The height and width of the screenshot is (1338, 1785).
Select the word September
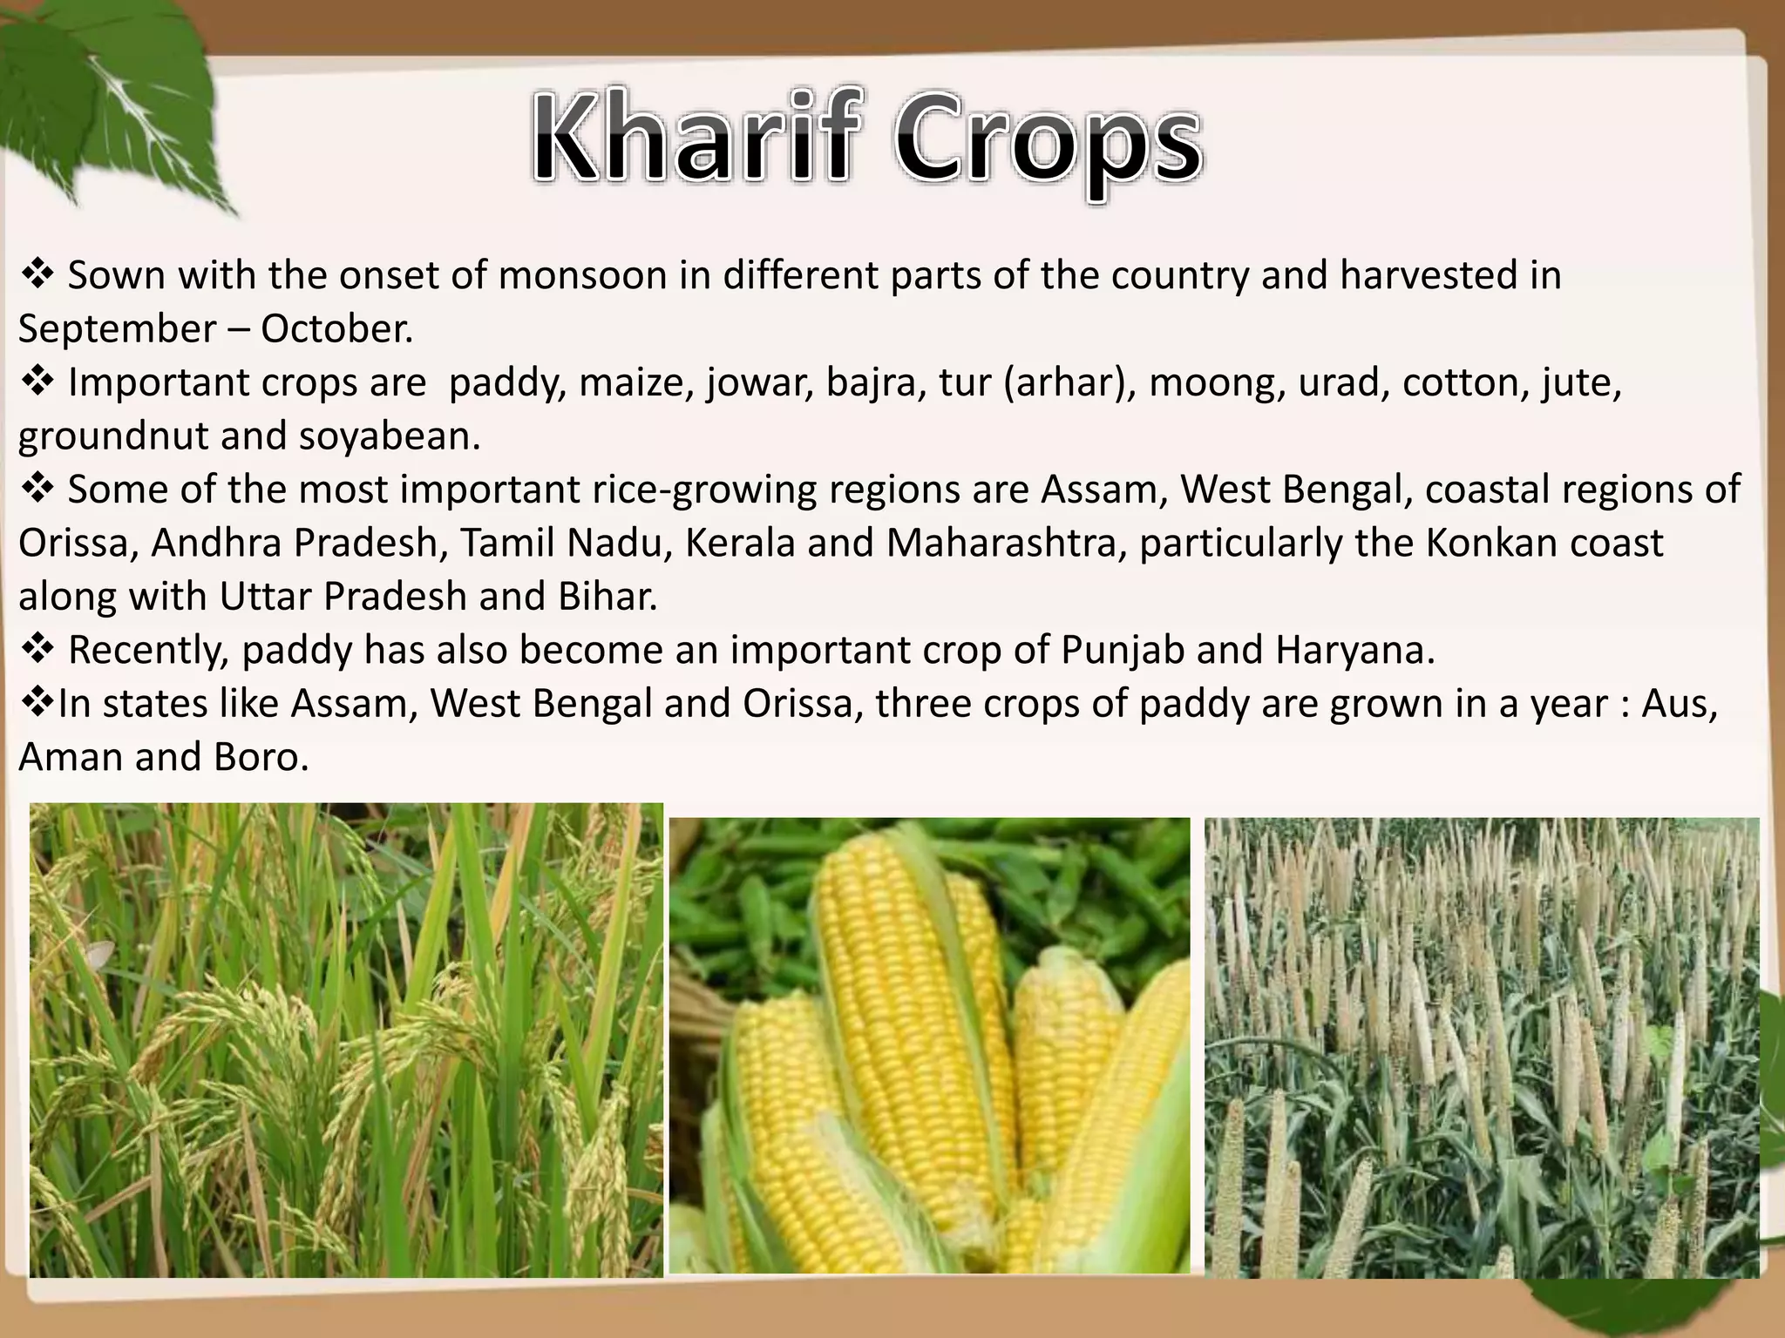pos(117,329)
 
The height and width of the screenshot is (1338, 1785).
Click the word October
pos(336,329)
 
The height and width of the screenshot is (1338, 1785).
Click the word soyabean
pos(390,436)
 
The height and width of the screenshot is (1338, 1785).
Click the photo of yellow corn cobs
pos(929,1044)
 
